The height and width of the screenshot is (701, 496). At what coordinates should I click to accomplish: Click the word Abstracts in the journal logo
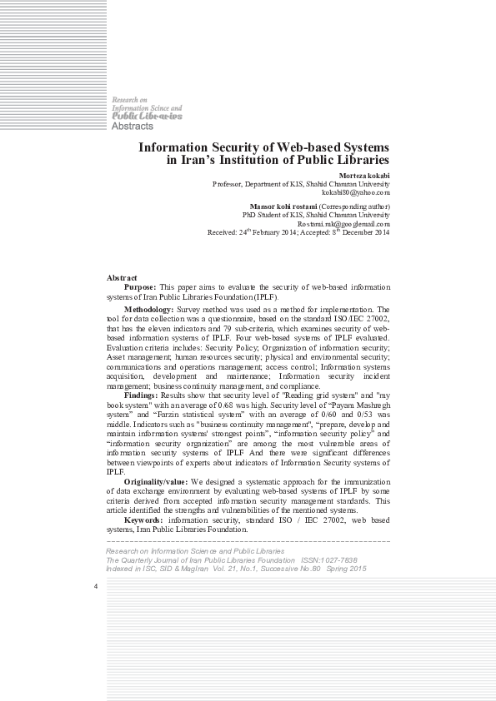click(x=133, y=126)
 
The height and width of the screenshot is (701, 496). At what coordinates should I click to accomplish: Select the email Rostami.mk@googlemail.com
click(x=343, y=223)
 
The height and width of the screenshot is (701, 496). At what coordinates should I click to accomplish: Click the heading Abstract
click(x=123, y=277)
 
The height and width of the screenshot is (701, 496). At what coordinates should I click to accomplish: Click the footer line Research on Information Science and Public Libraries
click(x=194, y=551)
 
